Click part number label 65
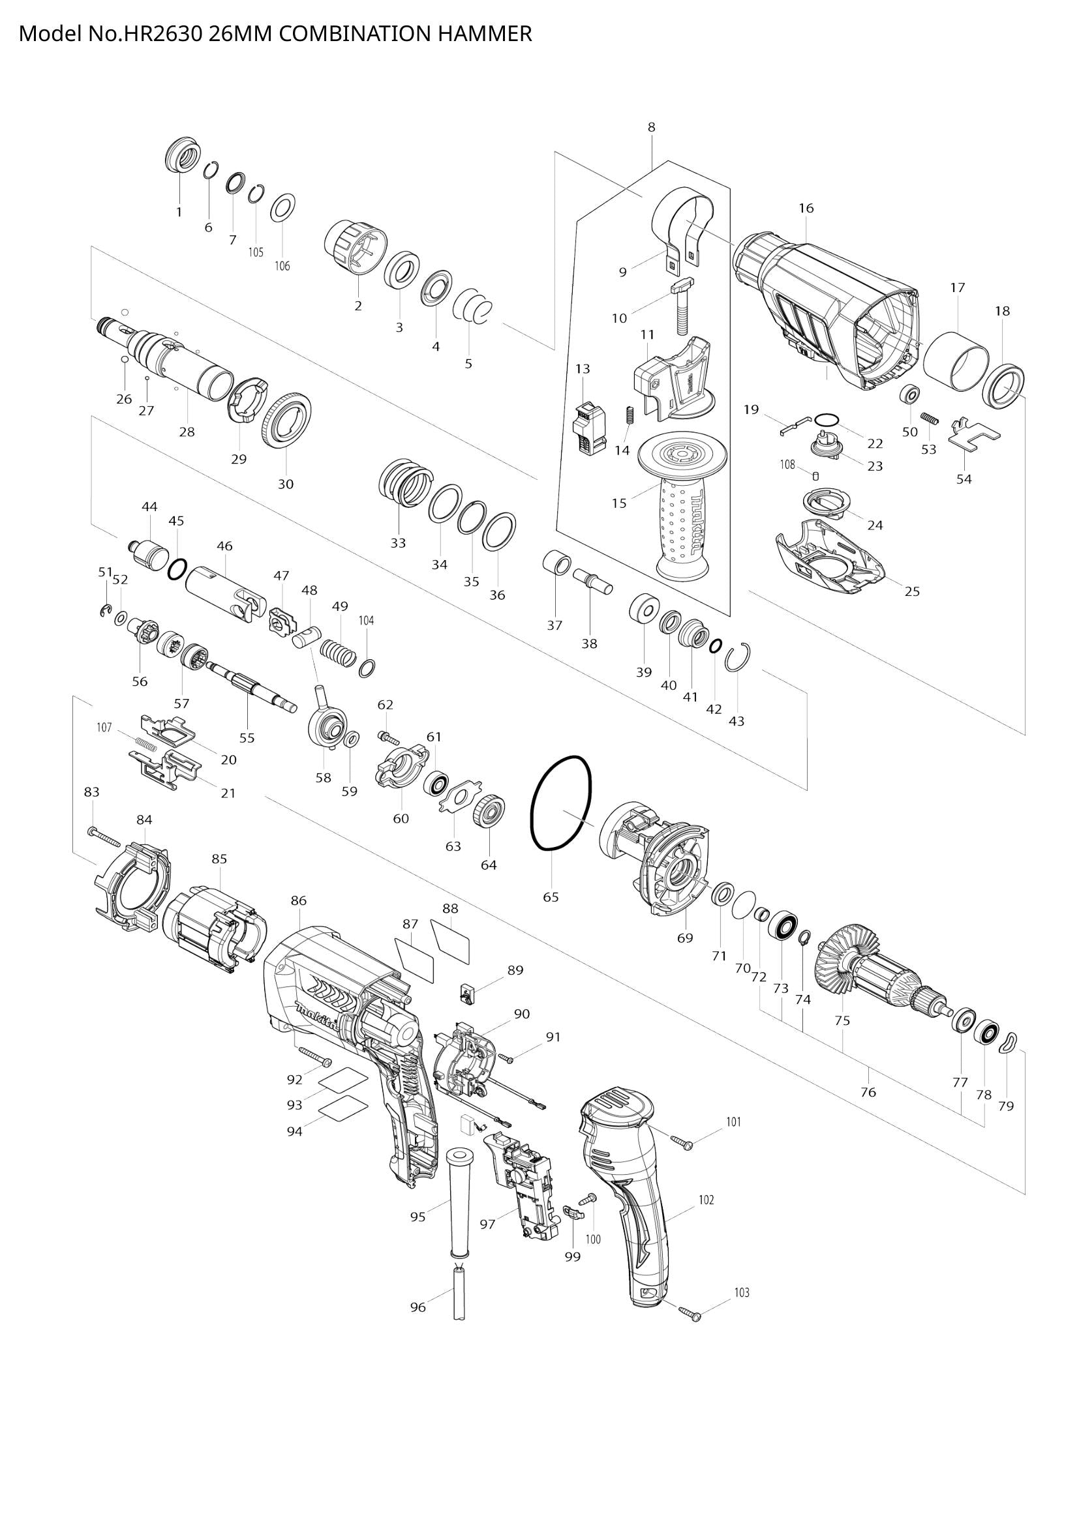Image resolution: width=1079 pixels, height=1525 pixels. pyautogui.click(x=551, y=896)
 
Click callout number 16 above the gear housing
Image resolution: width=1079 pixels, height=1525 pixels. pyautogui.click(x=806, y=209)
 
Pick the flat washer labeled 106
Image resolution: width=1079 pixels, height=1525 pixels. pyautogui.click(x=284, y=208)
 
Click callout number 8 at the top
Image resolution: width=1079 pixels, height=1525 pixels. pyautogui.click(x=651, y=127)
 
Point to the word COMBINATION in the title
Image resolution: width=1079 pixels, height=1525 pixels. pyautogui.click(x=354, y=34)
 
